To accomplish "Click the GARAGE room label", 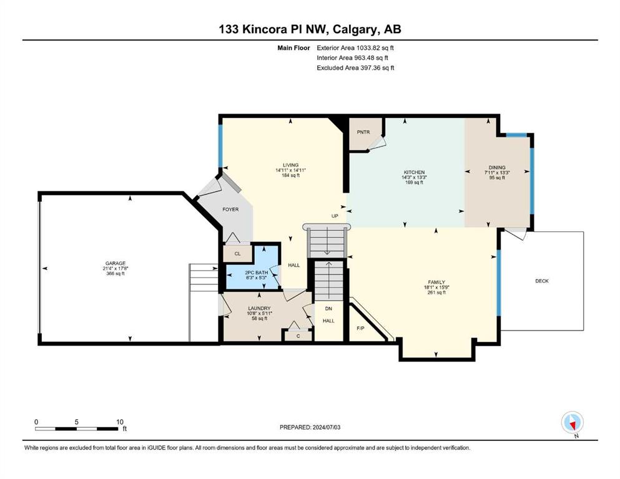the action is point(115,263).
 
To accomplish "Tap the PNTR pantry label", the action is point(363,132).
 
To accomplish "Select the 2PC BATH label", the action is point(256,273).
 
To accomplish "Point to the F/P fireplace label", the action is point(361,328).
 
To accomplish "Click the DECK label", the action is point(542,281).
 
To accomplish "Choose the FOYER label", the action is point(230,210).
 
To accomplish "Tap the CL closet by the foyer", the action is point(238,254).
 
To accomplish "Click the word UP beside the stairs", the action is point(335,216).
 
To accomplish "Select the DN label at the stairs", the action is point(328,308).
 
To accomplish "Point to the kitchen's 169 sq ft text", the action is point(414,183).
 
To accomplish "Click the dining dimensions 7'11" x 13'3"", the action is point(497,173).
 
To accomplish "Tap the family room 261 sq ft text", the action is point(436,293).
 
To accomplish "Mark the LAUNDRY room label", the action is point(259,308).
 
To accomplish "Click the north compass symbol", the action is point(572,423).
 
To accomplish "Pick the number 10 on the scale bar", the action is point(120,422).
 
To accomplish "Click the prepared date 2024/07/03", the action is point(327,427).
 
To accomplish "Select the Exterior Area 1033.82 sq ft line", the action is point(355,48).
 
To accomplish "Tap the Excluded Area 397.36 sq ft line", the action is point(355,68).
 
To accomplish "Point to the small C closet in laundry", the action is point(298,336).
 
